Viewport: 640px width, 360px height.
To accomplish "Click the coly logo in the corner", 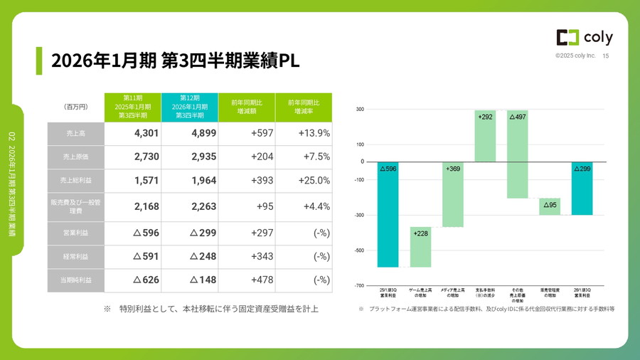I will (583, 38).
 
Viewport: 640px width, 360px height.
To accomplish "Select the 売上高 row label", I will (75, 133).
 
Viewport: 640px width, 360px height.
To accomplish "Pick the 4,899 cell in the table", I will (190, 133).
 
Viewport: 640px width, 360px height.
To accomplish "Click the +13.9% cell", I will (304, 133).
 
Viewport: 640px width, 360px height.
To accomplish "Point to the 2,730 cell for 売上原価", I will (133, 157).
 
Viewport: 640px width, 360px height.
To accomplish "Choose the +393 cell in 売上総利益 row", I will (247, 181).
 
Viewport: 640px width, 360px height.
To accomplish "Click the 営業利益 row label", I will (75, 233).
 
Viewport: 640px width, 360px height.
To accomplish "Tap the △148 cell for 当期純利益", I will (190, 280).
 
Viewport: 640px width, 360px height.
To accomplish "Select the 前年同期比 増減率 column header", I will (304, 107).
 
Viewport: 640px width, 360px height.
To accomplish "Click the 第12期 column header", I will (190, 107).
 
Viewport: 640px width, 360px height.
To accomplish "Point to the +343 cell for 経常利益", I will (247, 256).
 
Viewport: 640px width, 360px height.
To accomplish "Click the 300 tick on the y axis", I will (361, 110).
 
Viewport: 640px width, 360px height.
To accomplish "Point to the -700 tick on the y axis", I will (360, 285).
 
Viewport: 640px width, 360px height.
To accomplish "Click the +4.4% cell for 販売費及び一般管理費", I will (304, 207).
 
